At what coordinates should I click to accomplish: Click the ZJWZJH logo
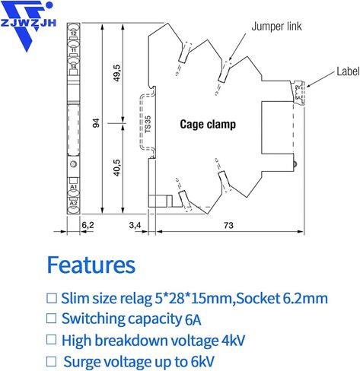point(27,25)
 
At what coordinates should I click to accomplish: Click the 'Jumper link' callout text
point(276,27)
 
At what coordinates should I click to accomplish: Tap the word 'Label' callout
point(348,71)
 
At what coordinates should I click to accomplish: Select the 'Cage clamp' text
point(208,125)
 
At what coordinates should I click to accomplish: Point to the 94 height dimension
point(96,123)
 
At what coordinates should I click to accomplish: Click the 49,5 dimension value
point(116,73)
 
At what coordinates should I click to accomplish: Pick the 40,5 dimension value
point(116,167)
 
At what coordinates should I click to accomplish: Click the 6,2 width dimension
point(88,225)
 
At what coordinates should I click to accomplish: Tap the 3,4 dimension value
point(135,225)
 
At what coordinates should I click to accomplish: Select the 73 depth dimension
point(228,225)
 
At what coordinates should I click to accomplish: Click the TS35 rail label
point(148,124)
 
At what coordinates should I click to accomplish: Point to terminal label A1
point(73,187)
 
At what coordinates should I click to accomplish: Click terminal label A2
point(73,203)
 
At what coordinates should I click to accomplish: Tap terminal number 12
point(73,33)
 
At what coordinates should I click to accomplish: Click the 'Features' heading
point(91,265)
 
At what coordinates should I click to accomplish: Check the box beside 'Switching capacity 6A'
point(51,319)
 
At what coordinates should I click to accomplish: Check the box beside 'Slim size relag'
point(52,298)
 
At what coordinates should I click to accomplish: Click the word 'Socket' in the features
point(258,299)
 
